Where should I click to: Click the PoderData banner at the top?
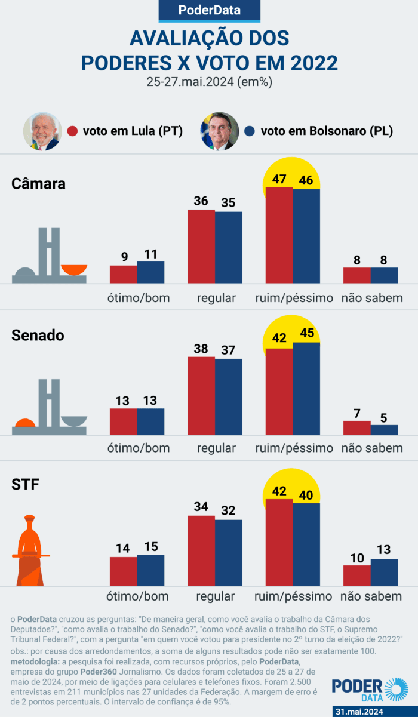point(209,10)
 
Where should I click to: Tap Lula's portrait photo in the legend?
point(42,131)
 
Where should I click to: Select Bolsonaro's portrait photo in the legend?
point(220,131)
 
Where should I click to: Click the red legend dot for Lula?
point(73,131)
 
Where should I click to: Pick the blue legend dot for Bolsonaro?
point(251,131)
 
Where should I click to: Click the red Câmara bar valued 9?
point(124,274)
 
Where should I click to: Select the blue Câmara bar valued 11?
point(150,272)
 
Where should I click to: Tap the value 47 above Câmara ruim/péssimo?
point(279,179)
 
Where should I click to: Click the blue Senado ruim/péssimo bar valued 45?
point(306,389)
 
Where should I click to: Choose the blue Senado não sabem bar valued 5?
point(384,430)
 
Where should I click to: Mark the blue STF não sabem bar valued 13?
point(384,572)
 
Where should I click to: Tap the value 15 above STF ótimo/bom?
point(150,547)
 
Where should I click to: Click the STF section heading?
point(25,485)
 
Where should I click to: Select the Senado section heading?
point(38,336)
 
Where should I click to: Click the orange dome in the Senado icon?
point(25,424)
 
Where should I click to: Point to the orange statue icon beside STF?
point(30,549)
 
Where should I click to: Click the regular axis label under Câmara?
point(216,297)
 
